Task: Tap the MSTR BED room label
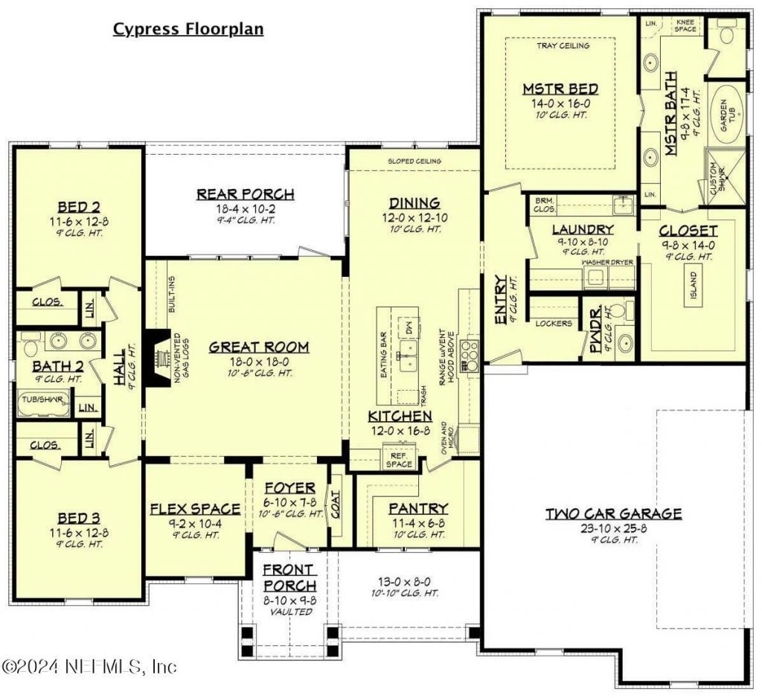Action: [560, 89]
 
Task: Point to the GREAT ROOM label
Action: [258, 347]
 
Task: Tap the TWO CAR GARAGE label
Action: [613, 513]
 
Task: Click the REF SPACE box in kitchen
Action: [398, 459]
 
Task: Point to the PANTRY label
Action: [418, 508]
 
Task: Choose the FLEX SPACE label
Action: [195, 509]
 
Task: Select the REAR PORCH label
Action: [245, 194]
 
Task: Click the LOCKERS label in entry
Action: [554, 324]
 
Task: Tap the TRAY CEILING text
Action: [563, 46]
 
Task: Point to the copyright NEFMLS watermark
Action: [89, 665]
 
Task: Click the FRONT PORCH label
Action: [289, 577]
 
